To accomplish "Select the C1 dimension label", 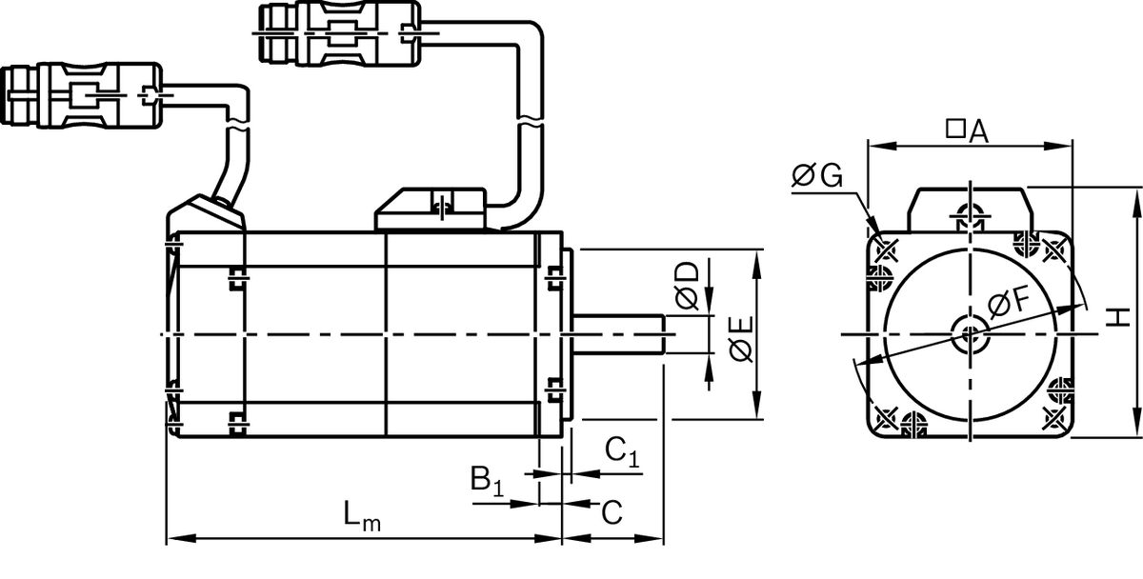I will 622,451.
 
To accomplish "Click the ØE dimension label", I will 740,339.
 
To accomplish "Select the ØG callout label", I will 817,175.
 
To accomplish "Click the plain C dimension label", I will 612,512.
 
